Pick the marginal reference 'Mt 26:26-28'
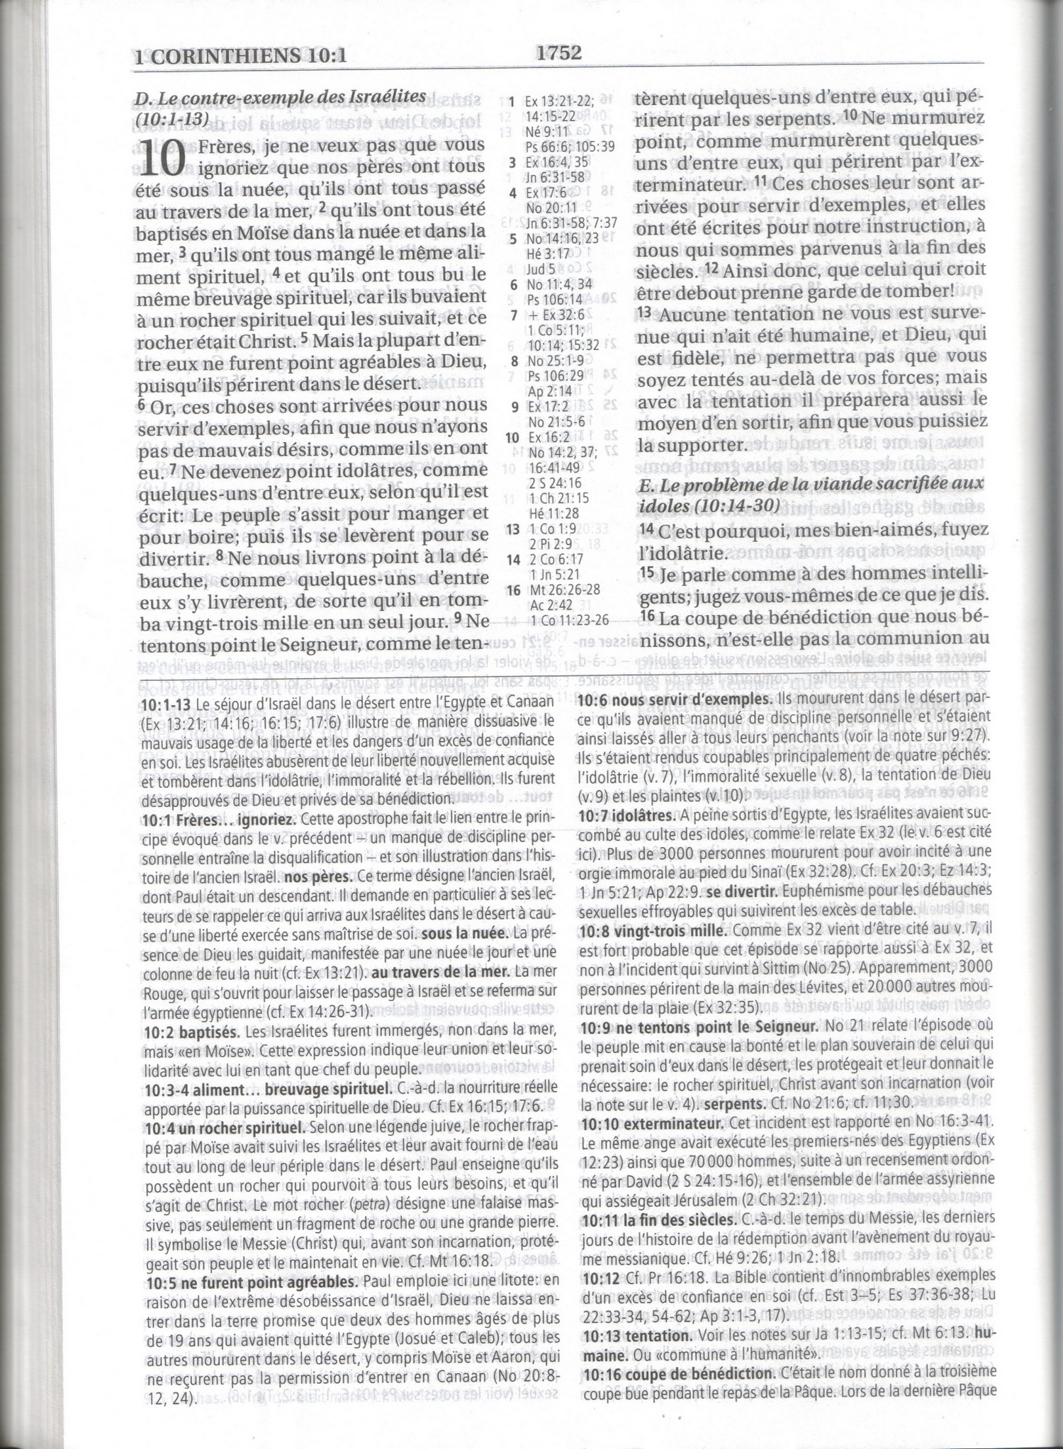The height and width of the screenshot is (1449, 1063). pos(564,590)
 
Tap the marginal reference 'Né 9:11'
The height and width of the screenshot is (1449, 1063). pos(547,131)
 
